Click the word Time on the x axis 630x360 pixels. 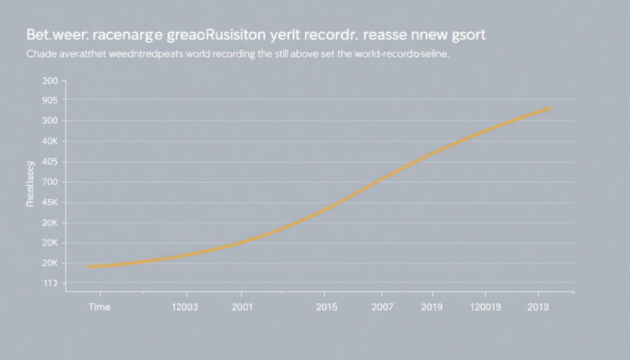[100, 306]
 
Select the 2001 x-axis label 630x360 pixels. [242, 306]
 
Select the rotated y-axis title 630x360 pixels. [30, 184]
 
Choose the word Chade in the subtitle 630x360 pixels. [41, 55]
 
